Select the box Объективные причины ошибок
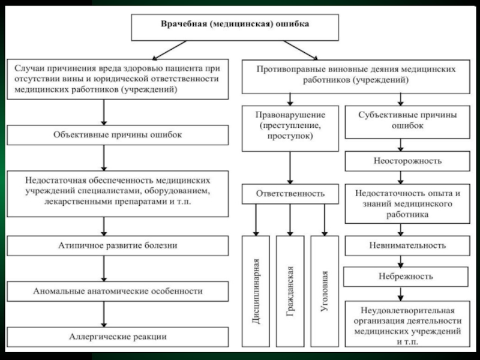pos(118,135)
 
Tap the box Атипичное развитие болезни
pos(118,245)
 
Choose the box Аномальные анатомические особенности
pos(118,291)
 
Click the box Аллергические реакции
pos(118,337)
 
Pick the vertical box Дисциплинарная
pos(256,291)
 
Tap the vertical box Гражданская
pos(290,291)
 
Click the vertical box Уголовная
pos(324,291)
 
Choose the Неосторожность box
pos(407,161)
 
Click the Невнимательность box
pos(407,245)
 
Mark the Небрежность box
pos(407,277)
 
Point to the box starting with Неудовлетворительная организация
pos(407,325)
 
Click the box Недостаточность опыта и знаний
pos(407,203)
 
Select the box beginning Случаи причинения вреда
pos(118,79)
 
